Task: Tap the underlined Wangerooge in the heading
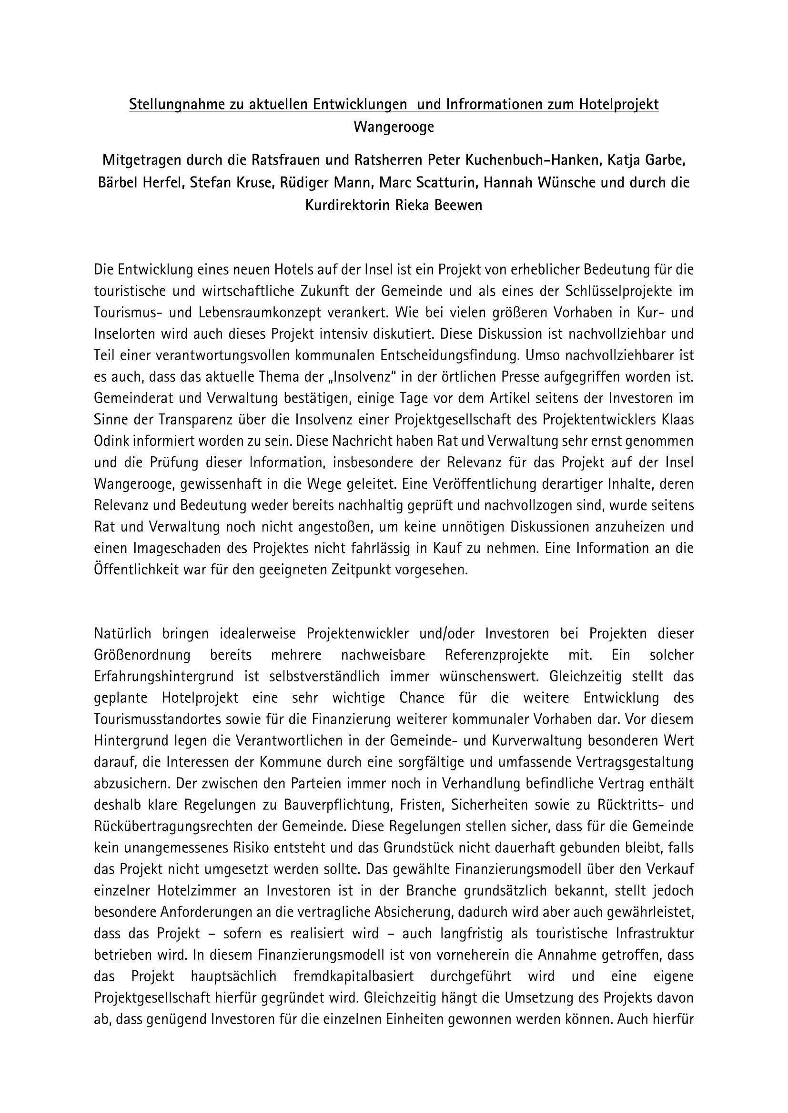(394, 127)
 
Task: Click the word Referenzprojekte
(497, 655)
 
